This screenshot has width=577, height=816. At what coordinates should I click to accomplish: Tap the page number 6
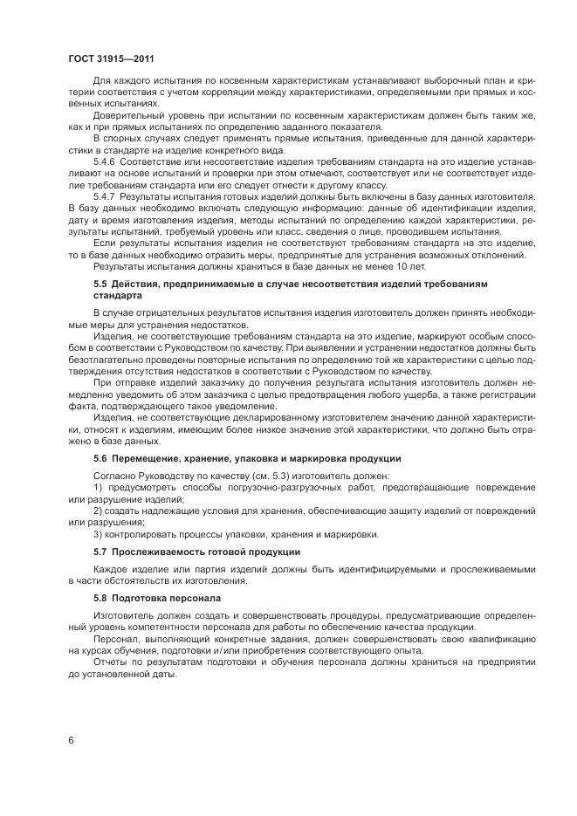(x=70, y=741)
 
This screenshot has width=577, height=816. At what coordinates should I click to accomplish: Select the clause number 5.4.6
(x=105, y=161)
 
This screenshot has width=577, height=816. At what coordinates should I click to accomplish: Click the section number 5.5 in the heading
(x=100, y=285)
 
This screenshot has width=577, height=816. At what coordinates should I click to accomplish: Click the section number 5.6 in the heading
(x=100, y=458)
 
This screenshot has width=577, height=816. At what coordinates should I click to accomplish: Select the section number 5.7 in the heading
(x=100, y=552)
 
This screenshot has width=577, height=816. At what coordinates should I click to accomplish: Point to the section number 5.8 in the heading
(x=100, y=598)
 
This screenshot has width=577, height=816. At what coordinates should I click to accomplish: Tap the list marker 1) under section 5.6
(x=98, y=486)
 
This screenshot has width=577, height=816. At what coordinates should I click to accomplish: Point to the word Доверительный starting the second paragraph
(x=127, y=115)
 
